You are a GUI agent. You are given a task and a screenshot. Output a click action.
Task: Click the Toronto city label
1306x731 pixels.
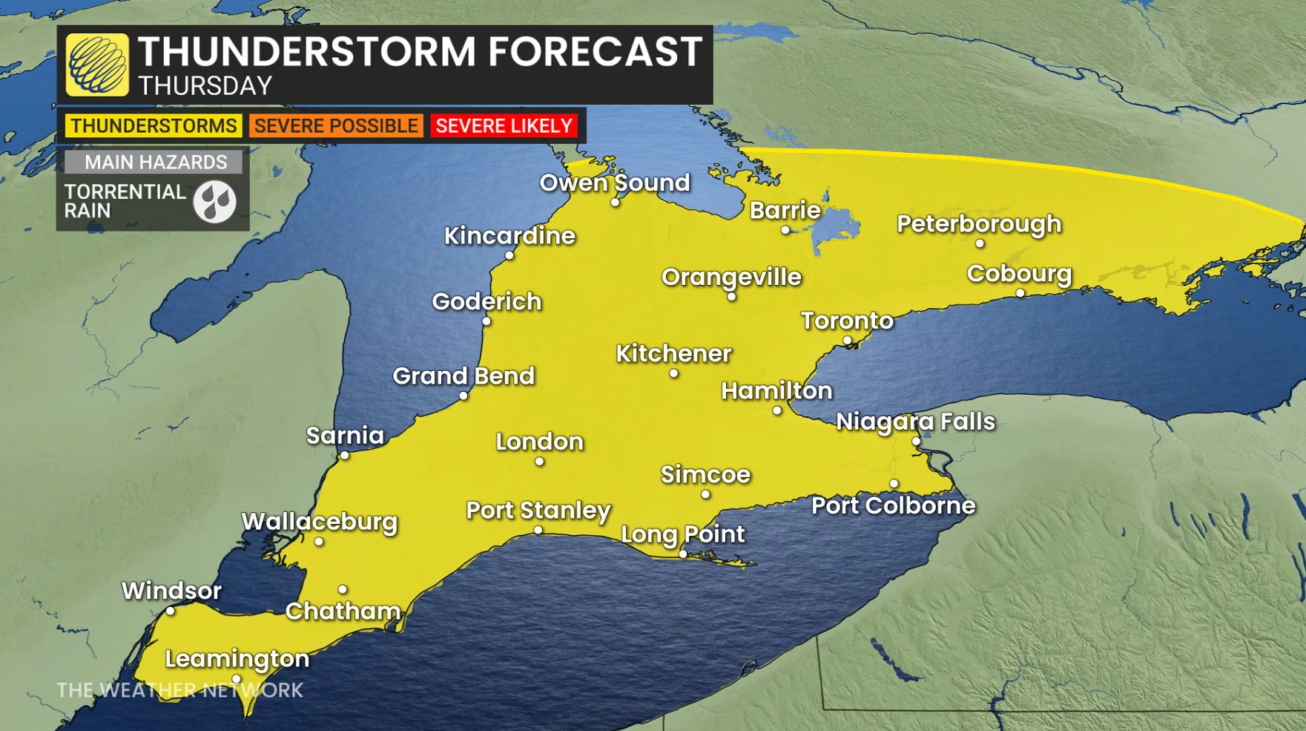(x=847, y=321)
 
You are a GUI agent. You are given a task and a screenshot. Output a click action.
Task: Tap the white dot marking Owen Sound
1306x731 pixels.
(x=615, y=202)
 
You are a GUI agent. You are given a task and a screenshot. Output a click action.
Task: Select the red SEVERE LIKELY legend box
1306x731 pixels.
(x=504, y=125)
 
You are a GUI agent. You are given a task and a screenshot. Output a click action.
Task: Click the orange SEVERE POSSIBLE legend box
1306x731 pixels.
(x=336, y=125)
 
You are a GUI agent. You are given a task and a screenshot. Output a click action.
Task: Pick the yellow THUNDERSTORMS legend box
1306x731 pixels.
(x=154, y=125)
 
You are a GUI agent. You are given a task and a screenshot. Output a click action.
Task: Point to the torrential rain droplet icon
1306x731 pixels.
(x=215, y=202)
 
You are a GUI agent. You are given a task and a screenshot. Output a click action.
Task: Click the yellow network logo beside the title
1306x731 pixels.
(x=97, y=65)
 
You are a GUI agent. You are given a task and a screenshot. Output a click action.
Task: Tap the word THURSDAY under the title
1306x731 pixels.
(x=205, y=86)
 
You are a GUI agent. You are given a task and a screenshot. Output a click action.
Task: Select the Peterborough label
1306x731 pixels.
(x=979, y=223)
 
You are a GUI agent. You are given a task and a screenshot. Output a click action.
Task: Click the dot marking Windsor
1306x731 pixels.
(x=171, y=611)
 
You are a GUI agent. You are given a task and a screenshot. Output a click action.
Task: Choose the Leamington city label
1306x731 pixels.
(x=237, y=658)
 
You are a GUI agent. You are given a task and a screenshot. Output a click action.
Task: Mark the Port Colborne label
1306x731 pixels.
(x=893, y=505)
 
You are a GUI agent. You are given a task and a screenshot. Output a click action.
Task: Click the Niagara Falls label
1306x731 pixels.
(x=915, y=422)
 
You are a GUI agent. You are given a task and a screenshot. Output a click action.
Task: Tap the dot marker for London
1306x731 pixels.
(x=539, y=462)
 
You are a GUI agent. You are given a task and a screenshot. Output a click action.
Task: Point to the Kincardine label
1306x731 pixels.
(x=509, y=236)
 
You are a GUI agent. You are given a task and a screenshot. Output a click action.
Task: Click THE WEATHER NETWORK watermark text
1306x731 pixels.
(x=179, y=690)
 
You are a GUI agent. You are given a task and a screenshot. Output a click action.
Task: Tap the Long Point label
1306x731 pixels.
(x=682, y=534)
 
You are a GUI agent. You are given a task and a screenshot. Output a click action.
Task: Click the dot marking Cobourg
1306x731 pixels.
(x=1020, y=293)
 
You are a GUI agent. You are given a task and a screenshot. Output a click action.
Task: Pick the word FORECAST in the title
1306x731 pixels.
(x=594, y=52)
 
